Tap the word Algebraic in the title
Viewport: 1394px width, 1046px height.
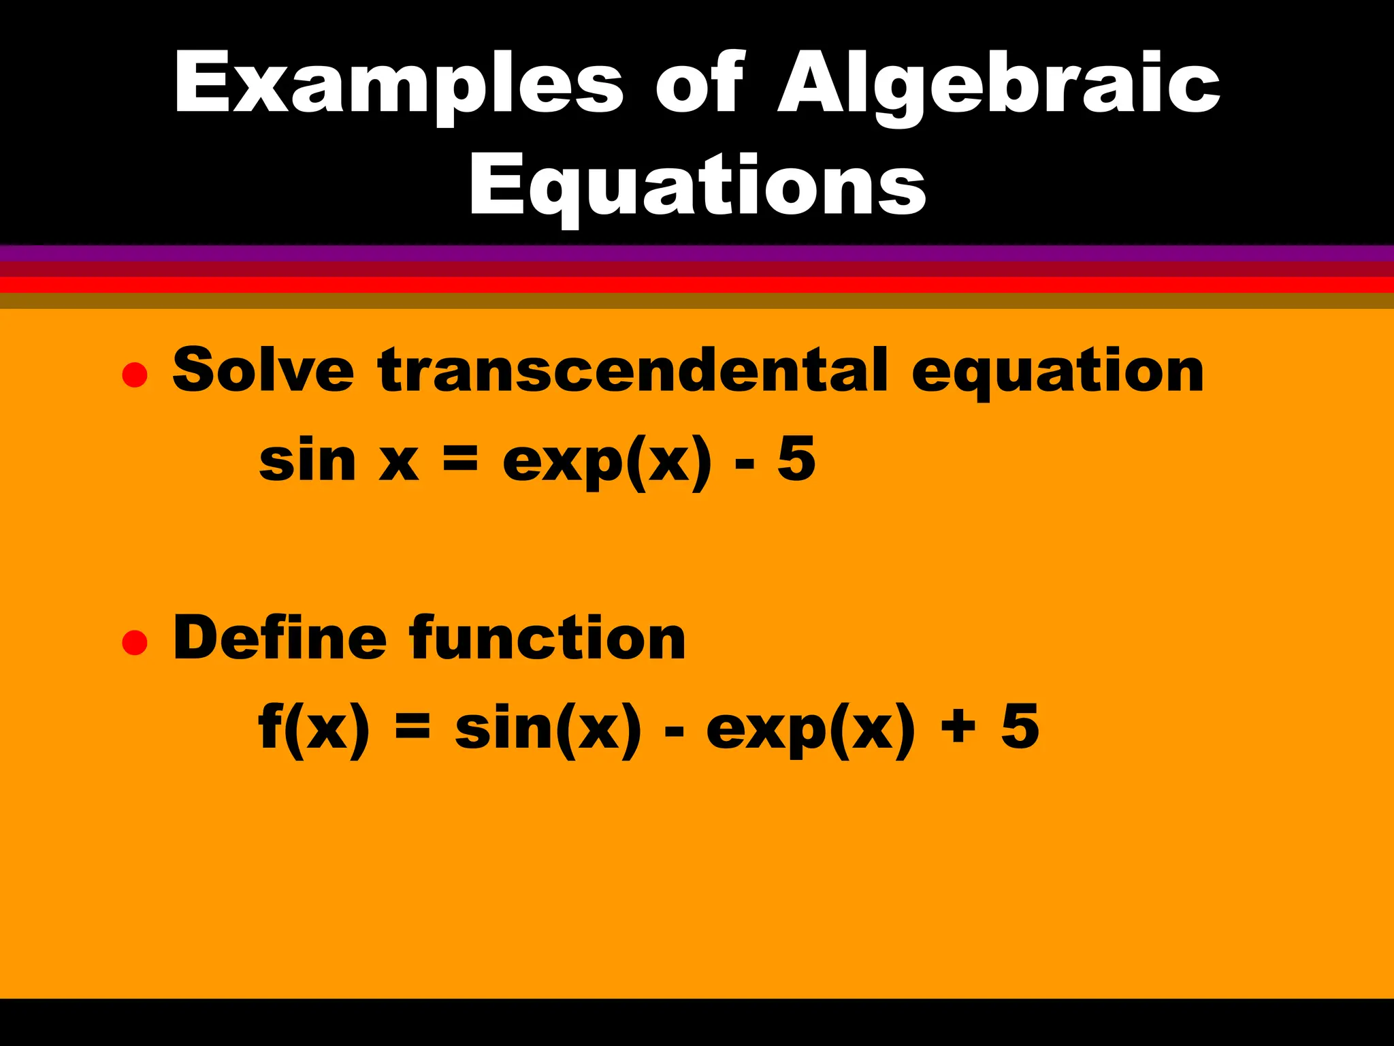[999, 84]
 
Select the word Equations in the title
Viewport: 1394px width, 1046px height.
[698, 185]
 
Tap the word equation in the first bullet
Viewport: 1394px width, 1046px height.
[1058, 373]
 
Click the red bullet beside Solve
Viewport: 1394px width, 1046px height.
[135, 375]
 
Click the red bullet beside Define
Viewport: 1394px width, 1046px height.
[135, 642]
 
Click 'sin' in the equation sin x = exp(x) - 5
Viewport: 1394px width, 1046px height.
[308, 460]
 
